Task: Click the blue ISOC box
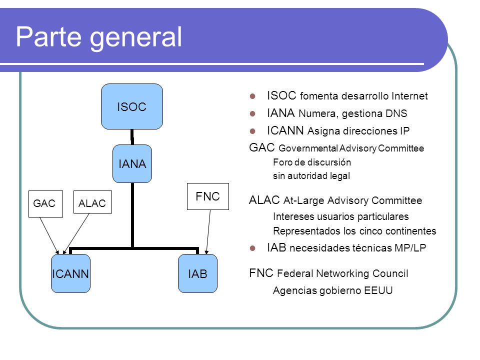[x=132, y=106]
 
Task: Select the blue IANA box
[x=132, y=164]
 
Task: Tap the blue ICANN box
[x=70, y=273]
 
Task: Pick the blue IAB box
[x=198, y=273]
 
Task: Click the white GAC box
[x=45, y=204]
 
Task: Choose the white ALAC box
[x=93, y=202]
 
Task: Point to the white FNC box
[x=208, y=196]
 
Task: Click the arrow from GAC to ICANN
[x=49, y=235]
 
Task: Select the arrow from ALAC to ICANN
[x=76, y=234]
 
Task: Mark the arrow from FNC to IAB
[x=208, y=232]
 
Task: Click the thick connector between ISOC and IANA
[x=132, y=137]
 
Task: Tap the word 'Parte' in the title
[x=48, y=36]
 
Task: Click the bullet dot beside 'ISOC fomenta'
[x=252, y=96]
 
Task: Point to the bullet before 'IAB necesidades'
[x=252, y=248]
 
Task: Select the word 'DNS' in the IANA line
[x=396, y=113]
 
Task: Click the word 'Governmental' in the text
[x=308, y=148]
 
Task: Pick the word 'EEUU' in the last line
[x=378, y=290]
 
